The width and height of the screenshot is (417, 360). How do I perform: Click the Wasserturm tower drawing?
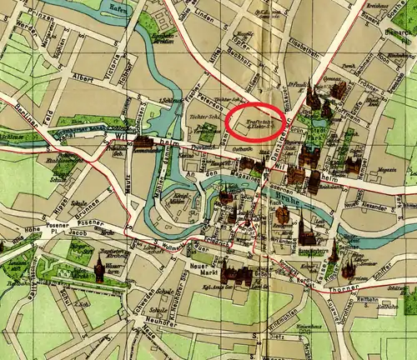99,268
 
